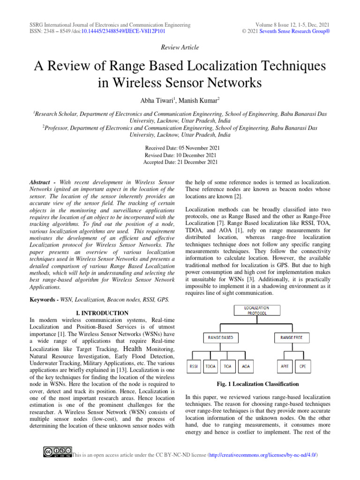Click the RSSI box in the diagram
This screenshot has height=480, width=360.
(x=193, y=367)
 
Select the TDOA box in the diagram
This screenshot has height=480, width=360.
(x=211, y=367)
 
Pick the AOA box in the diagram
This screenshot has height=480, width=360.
(x=246, y=367)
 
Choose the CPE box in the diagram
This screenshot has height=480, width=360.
(x=303, y=367)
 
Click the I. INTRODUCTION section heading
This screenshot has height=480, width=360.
(x=102, y=313)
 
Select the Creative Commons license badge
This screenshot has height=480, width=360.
(x=57, y=451)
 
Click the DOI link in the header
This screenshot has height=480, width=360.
(x=123, y=31)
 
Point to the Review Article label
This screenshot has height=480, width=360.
(x=180, y=47)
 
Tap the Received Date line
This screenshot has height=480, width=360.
(x=182, y=148)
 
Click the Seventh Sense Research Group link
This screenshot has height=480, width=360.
(x=298, y=31)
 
